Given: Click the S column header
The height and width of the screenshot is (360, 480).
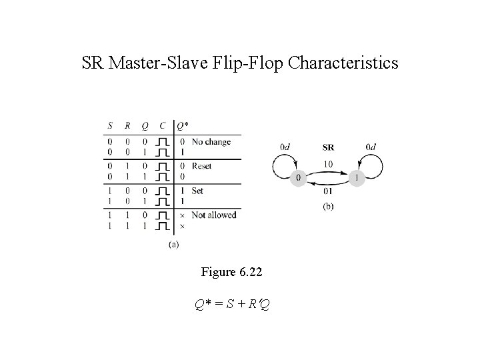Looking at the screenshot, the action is coord(111,126).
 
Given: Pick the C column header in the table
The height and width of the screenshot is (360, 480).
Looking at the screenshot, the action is coord(162,126).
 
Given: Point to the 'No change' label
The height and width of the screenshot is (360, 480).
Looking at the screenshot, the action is coord(211,141).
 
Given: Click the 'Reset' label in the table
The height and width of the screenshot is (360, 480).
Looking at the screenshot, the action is coord(202,165).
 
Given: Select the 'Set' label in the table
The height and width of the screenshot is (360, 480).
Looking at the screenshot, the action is coord(197,190).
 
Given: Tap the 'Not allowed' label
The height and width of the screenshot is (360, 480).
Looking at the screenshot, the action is coord(214,215).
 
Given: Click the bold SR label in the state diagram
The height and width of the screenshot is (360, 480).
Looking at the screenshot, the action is coord(329,147).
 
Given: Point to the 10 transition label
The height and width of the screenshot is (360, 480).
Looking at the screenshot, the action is coord(328,163).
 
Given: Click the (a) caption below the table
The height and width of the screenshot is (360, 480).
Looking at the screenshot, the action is coord(173,245).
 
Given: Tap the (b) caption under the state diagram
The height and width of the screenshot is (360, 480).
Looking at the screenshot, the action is coord(328,207).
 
